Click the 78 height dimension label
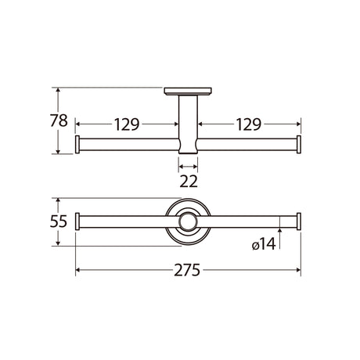click(x=59, y=121)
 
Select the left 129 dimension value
click(x=127, y=124)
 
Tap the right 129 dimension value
click(x=249, y=124)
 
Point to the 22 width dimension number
click(x=189, y=182)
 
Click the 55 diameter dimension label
click(x=59, y=221)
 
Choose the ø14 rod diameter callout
click(x=264, y=245)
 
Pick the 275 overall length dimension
click(x=187, y=270)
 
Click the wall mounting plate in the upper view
click(x=188, y=91)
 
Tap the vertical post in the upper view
click(x=188, y=124)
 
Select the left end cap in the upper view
click(x=77, y=145)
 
